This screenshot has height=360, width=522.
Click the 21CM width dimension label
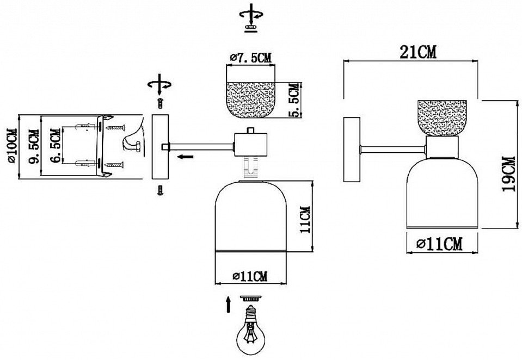coord(418,52)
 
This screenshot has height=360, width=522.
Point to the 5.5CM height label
coord(295,101)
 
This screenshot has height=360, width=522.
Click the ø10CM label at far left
coord(11,145)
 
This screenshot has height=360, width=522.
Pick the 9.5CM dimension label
coord(34,146)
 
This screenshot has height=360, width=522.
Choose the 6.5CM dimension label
coord(56,146)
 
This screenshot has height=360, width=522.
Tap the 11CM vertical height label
coord(305,220)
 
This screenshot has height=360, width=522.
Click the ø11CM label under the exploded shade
coord(250,276)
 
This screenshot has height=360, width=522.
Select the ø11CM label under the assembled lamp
coord(439,245)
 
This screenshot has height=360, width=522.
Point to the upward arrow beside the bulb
coord(229,303)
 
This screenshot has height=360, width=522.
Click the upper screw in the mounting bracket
coord(115,127)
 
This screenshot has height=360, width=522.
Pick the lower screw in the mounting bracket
coord(115,165)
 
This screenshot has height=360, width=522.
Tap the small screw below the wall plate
coord(160,190)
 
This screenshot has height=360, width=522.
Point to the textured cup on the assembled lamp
coord(441,118)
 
